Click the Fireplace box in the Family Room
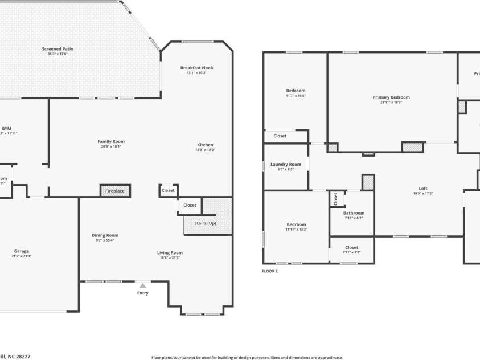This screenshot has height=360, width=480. click(x=115, y=191)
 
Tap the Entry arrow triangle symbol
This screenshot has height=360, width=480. click(x=142, y=285)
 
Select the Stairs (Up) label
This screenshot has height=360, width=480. click(x=204, y=223)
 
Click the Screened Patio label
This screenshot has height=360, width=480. click(x=58, y=49)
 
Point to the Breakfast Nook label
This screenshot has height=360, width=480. click(x=196, y=68)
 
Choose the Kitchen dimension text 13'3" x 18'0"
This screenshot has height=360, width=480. click(x=205, y=150)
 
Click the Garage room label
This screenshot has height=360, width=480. click(x=22, y=251)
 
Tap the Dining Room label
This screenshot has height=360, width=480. click(x=105, y=235)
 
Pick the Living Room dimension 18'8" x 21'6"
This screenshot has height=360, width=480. click(x=170, y=258)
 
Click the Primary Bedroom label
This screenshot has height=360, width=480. click(x=391, y=97)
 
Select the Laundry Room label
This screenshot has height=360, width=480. click(x=286, y=165)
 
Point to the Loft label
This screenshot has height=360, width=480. click(x=423, y=189)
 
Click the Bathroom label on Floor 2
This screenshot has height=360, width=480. click(x=354, y=213)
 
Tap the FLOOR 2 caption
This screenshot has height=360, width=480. click(x=270, y=271)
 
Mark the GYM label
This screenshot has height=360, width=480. click(x=7, y=129)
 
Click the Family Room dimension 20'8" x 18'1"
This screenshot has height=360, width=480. click(x=111, y=146)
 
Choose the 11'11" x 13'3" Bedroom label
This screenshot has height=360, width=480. click(x=296, y=224)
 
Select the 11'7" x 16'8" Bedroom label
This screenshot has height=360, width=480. click(x=296, y=91)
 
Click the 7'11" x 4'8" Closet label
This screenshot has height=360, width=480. click(x=351, y=248)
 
